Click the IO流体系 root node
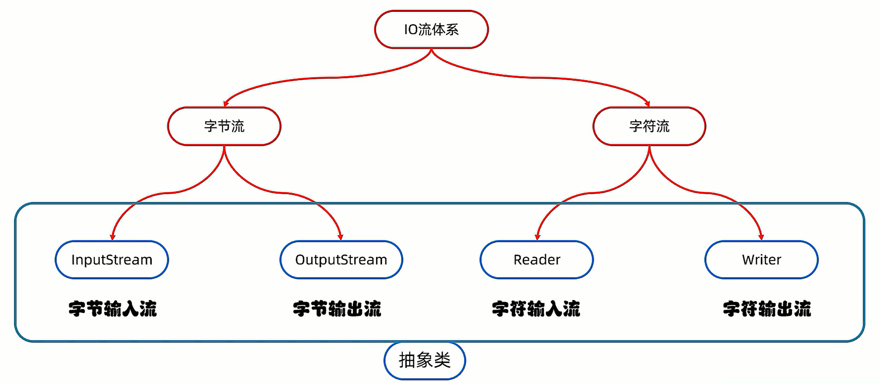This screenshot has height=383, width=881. point(431,29)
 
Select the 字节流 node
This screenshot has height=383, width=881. point(224,126)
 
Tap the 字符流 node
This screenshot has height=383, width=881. point(649,126)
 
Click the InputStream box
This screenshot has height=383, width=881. point(112,260)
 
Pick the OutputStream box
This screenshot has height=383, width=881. point(341,260)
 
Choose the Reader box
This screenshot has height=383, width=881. point(536,260)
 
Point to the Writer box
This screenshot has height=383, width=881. point(761,260)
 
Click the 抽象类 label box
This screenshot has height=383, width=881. point(425,360)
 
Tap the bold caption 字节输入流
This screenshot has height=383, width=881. point(113,309)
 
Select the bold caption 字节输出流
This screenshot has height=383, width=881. point(337,309)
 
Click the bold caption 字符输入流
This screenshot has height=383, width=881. point(536,309)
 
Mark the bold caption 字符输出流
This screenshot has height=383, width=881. point(767,309)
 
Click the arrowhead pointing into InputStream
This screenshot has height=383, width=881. point(113,237)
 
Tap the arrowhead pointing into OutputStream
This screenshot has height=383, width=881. point(341,237)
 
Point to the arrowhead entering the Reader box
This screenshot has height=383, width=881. point(537,237)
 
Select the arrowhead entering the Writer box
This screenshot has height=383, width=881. point(761,237)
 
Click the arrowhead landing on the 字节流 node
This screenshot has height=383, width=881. point(225,104)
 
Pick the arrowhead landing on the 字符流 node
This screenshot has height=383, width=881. point(648,104)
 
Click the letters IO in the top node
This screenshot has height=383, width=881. point(411,30)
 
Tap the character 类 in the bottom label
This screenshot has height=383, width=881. point(442,360)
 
